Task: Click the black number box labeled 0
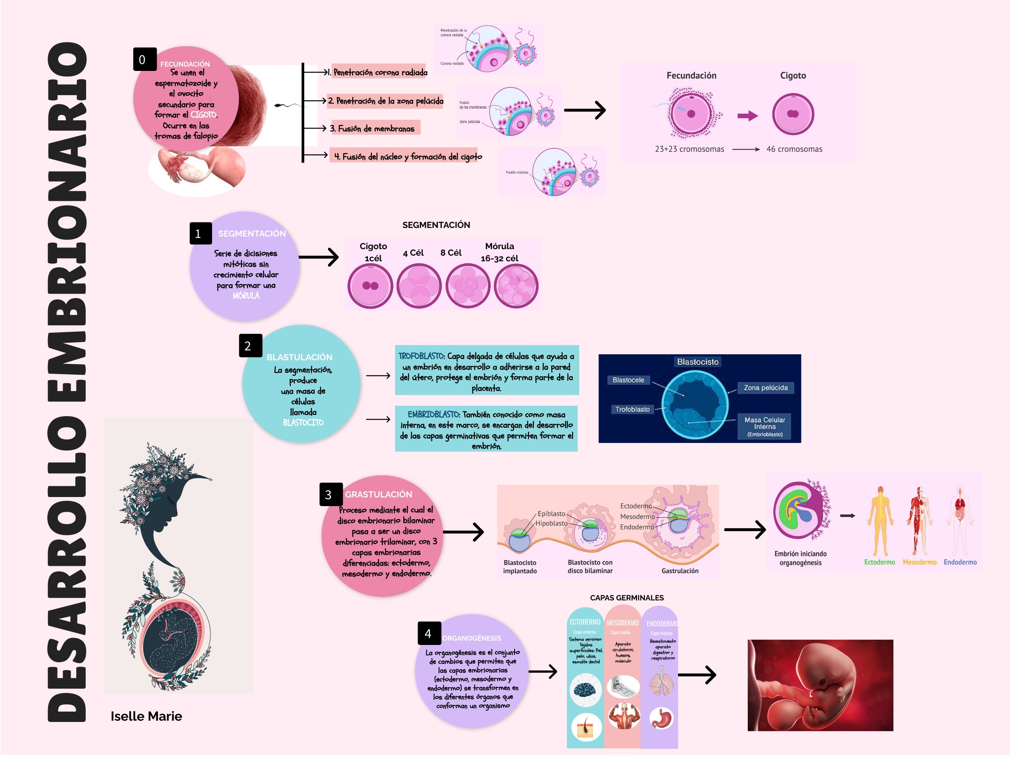pos(145,59)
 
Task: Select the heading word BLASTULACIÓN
pos(299,358)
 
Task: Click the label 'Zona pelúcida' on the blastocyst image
pos(766,388)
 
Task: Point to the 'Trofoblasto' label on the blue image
pos(632,410)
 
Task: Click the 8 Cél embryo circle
pos(467,286)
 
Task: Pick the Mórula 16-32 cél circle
pos(516,286)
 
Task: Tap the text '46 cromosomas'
pos(794,149)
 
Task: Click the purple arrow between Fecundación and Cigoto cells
pos(747,116)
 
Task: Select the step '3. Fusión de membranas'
pos(372,128)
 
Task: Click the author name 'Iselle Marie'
pos(146,717)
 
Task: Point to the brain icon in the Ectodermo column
pos(585,690)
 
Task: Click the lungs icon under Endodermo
pos(661,681)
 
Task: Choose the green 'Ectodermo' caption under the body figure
pos(879,563)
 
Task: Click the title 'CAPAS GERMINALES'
pos(627,598)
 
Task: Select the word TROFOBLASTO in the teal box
pos(421,356)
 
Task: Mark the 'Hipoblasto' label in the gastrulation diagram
pos(552,524)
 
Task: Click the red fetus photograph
pos(820,685)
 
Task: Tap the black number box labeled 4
pos(429,634)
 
